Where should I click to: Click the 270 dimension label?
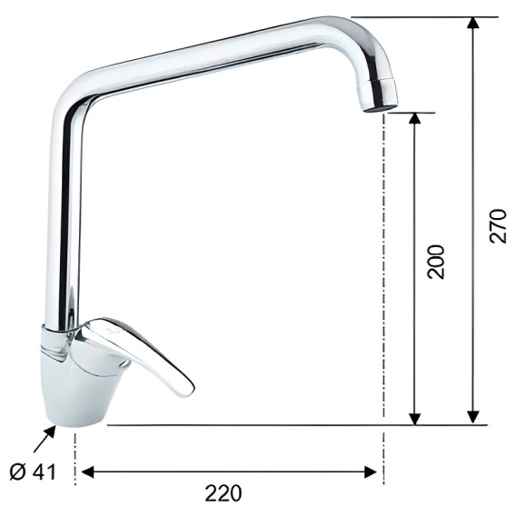coord(498,226)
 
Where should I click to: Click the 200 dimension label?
coord(435,262)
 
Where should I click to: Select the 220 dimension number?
coord(224,493)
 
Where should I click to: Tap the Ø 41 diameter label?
coord(33,472)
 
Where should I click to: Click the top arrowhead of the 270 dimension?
coord(473,23)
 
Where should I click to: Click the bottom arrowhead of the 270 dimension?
coord(473,417)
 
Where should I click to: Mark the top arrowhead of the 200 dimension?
coord(416,119)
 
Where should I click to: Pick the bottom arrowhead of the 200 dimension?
coord(416,418)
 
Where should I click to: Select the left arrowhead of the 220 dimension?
coord(88,472)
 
